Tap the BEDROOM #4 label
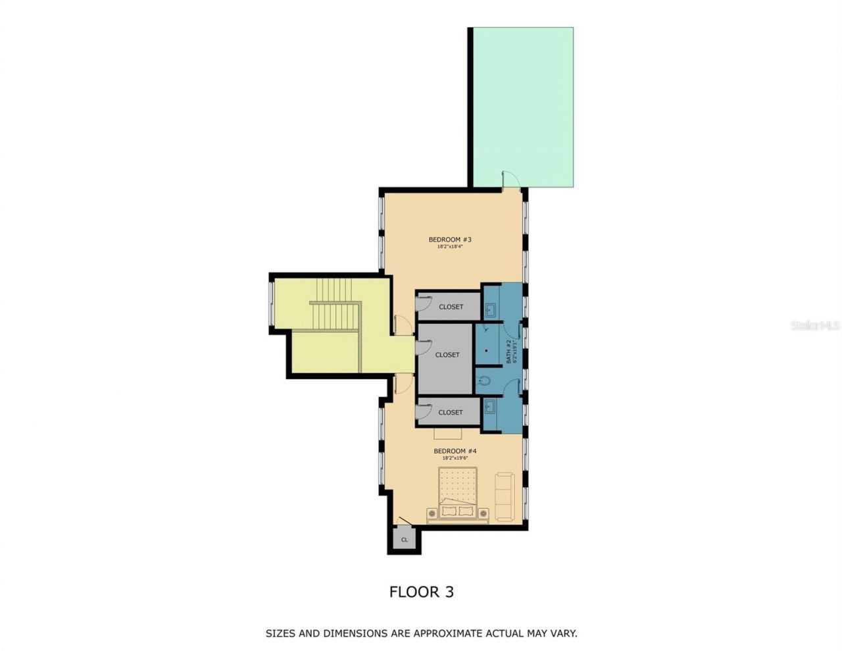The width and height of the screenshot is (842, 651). coord(455,451)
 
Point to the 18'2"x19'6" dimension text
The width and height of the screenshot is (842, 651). coord(455,458)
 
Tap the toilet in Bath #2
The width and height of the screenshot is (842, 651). coord(485,380)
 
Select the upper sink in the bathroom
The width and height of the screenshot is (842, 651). coord(490,309)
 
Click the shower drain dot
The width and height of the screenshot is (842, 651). coord(485,350)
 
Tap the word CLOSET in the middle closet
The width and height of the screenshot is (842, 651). coord(447,355)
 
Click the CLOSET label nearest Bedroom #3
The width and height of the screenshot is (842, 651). coord(451,307)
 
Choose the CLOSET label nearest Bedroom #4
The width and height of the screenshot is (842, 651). coord(451,413)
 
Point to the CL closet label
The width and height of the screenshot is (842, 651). coord(405,540)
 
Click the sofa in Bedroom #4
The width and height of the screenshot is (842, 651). coord(505,497)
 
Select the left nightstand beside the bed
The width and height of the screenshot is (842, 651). coord(432,513)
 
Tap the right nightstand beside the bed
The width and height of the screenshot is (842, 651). coord(483,513)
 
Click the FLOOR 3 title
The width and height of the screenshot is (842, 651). coord(421,592)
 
